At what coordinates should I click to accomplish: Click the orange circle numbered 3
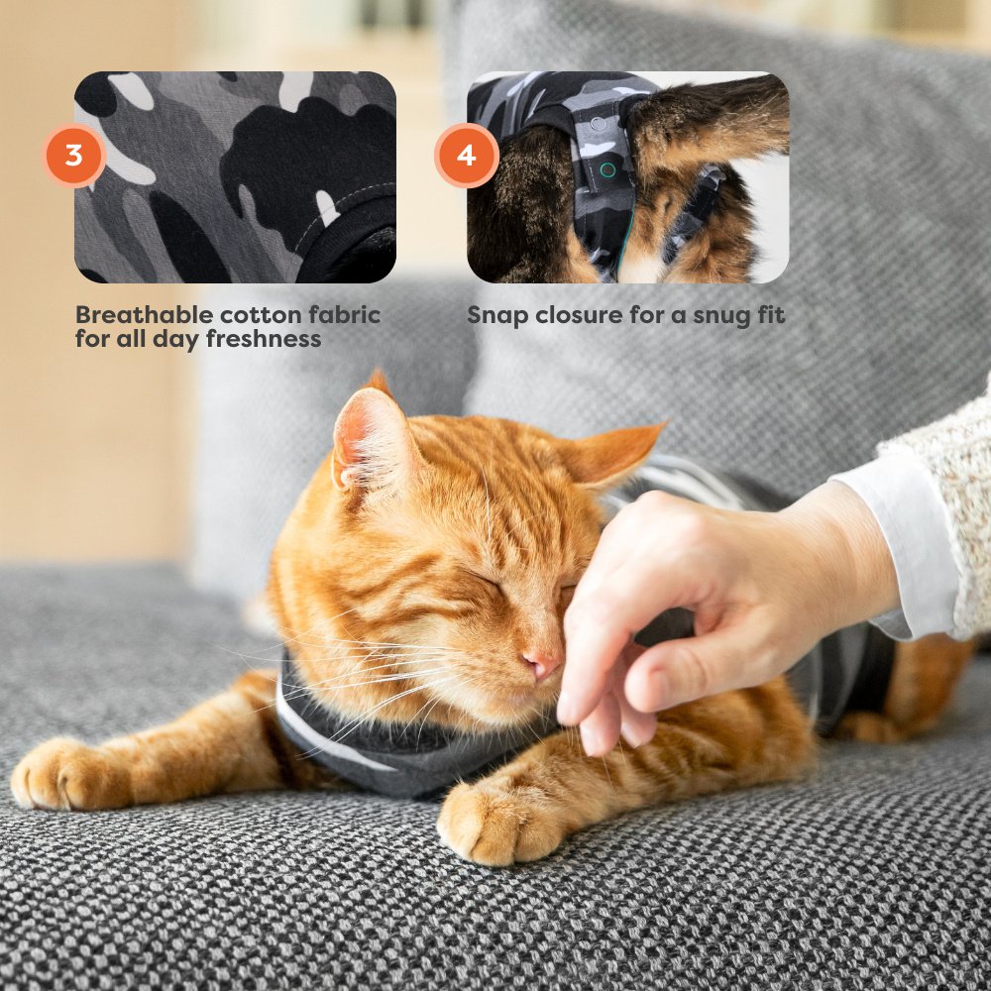(74, 156)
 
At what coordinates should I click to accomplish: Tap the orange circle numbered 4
(467, 156)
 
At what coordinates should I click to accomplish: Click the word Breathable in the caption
(144, 315)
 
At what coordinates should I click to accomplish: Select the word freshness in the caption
(264, 339)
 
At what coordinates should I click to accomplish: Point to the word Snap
(497, 316)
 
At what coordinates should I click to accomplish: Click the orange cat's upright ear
(370, 436)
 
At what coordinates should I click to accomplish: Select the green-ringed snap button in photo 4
(607, 169)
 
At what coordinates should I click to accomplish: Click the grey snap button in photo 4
(598, 123)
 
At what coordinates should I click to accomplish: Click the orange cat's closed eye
(487, 579)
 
